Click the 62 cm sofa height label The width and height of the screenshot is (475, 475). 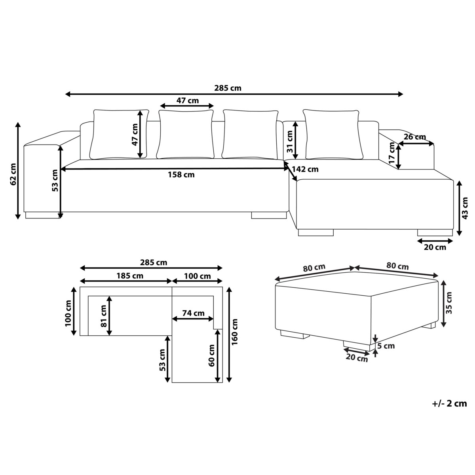13,174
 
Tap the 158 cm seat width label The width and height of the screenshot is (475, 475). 181,175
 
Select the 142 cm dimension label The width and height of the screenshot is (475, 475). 305,169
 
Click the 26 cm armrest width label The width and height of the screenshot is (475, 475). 415,137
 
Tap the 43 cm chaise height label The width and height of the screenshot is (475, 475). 465,208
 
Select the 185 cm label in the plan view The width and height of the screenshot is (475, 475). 130,276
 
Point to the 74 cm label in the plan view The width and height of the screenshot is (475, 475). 194,313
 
